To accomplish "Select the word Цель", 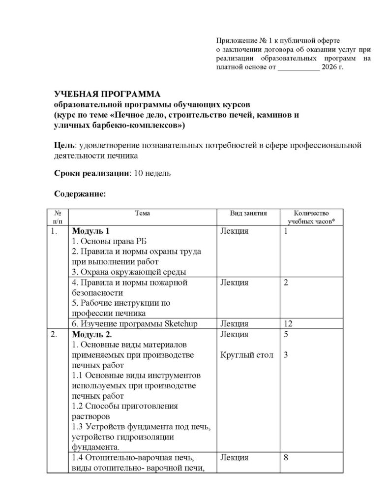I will click(64, 145).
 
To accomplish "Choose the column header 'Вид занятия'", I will click(248, 213).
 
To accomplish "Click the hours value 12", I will click(288, 323).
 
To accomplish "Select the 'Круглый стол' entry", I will click(246, 355).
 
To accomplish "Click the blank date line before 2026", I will click(298, 67).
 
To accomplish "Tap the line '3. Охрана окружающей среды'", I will click(129, 272).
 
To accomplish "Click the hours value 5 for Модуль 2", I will click(286, 335).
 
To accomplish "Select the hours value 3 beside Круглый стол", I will click(286, 355).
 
